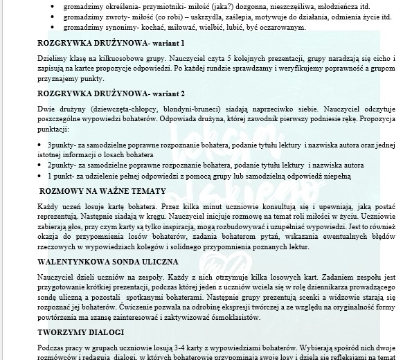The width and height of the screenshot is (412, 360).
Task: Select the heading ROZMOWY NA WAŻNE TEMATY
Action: click(102, 190)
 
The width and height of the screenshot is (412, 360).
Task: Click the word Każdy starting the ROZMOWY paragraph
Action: click(50, 207)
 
